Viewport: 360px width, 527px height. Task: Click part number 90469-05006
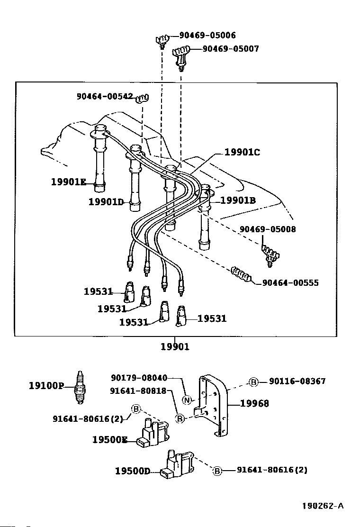[207, 35]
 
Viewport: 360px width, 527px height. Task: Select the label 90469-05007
[231, 49]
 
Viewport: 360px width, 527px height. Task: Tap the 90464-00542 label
[105, 97]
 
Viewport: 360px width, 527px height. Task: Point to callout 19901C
[242, 152]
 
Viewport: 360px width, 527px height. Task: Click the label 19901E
[69, 182]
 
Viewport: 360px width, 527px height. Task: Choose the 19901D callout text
[106, 202]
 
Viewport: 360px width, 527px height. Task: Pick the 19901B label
[238, 200]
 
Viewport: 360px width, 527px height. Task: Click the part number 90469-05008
[268, 229]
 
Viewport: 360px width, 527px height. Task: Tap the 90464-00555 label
[290, 282]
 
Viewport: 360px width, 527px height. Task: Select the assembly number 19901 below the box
[175, 346]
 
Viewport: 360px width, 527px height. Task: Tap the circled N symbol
[187, 400]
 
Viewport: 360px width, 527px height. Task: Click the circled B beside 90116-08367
[254, 382]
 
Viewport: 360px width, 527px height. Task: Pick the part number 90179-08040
[139, 378]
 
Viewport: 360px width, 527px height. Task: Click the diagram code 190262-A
[323, 506]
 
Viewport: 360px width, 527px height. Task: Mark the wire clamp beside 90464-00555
[241, 274]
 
